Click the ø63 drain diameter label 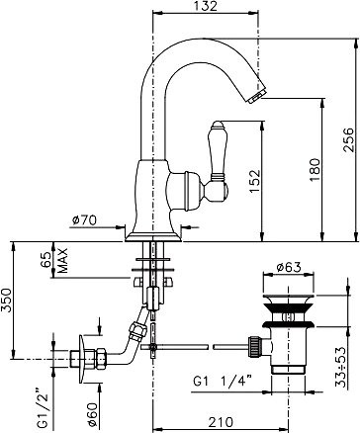click(x=291, y=265)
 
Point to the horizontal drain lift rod click(x=198, y=346)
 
